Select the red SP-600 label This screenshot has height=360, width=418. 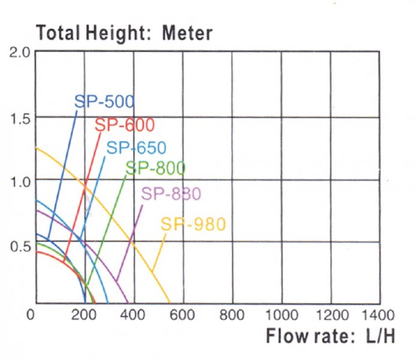(x=125, y=125)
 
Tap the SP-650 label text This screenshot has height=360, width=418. (x=136, y=148)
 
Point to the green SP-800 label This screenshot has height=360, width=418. (x=156, y=169)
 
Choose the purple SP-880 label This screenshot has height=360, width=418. (x=171, y=194)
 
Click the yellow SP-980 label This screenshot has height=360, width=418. (x=193, y=225)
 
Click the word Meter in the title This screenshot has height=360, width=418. (x=187, y=33)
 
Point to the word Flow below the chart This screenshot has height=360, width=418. (x=286, y=337)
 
